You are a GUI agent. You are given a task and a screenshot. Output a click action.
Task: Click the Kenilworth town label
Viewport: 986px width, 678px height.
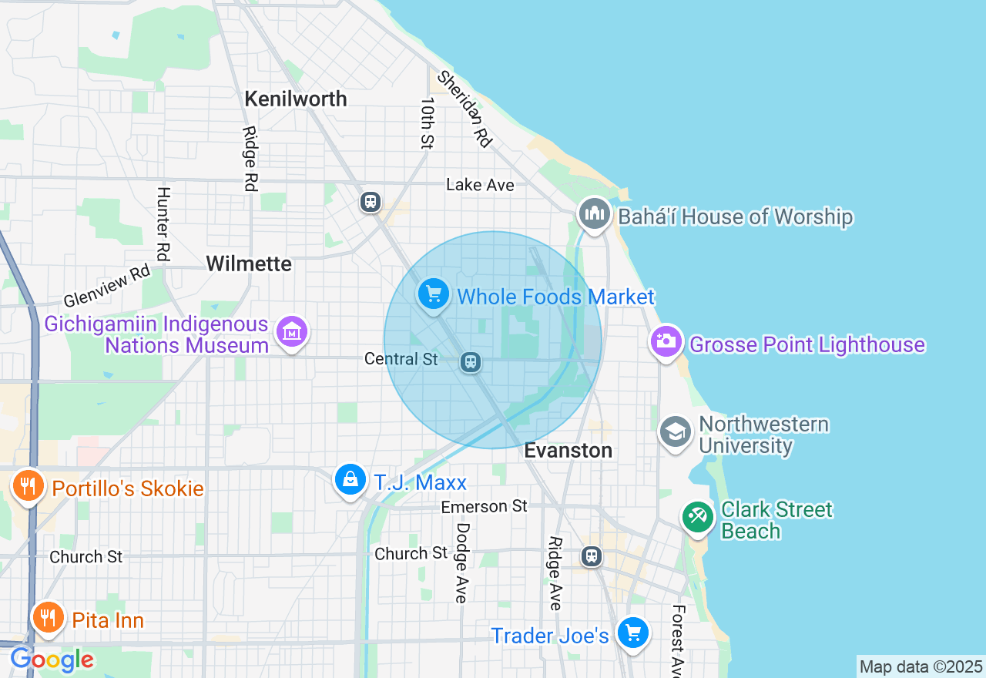[x=296, y=99]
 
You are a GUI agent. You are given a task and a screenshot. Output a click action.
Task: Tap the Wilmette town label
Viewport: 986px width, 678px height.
[x=249, y=264]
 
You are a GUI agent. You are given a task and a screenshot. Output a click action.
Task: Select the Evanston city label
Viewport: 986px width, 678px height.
[x=568, y=451]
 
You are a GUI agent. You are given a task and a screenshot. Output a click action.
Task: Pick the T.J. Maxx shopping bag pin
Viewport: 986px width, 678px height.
[x=350, y=480]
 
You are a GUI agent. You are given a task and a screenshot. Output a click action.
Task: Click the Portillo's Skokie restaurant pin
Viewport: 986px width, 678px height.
[x=29, y=486]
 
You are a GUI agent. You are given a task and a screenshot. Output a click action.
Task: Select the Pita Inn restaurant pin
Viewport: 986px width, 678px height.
[x=48, y=617]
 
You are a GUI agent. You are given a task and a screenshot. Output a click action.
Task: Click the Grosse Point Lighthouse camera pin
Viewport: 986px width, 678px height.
[x=666, y=341]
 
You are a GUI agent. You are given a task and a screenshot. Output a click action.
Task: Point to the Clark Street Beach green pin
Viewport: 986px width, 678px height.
[x=698, y=517]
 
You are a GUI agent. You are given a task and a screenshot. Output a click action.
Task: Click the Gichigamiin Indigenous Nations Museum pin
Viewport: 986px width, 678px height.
[x=292, y=333]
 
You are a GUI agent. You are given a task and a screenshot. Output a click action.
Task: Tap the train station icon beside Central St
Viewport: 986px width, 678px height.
[x=471, y=361]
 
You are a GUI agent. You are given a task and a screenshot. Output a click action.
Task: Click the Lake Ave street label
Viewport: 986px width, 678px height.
[x=480, y=185]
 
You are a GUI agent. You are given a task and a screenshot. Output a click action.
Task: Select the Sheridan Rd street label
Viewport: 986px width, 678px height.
[x=464, y=109]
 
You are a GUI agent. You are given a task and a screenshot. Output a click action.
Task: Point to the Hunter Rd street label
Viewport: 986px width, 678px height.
[x=163, y=223]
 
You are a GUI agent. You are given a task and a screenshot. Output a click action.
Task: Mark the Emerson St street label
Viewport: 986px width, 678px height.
[x=484, y=506]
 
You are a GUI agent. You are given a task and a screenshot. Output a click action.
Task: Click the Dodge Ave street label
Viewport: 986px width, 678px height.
[x=462, y=562]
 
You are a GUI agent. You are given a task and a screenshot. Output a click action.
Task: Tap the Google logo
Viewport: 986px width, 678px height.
[x=52, y=660]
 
